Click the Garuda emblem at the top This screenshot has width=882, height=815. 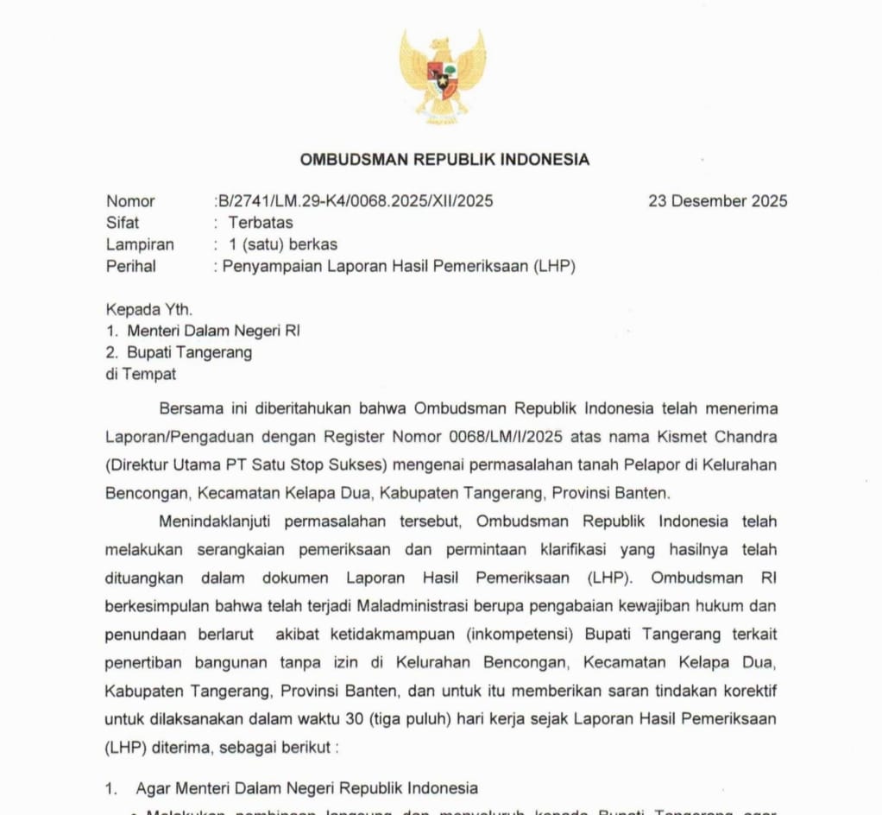[x=442, y=77]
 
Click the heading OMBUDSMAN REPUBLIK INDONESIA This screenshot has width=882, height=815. [x=444, y=160]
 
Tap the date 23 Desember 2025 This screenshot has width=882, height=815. [x=718, y=201]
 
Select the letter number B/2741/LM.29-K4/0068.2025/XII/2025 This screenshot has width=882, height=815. [x=355, y=201]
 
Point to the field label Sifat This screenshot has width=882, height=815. [x=123, y=223]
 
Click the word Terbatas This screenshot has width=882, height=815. [x=261, y=223]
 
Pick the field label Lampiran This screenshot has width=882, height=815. [x=140, y=244]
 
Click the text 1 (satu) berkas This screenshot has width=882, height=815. [x=283, y=244]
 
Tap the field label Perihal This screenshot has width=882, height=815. [x=131, y=266]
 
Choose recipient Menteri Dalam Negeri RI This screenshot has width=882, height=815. [x=214, y=331]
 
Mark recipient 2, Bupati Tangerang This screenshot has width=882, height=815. [x=190, y=352]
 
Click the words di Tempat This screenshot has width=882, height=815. [x=141, y=374]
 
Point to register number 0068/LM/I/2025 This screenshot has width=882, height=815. [x=558, y=437]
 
